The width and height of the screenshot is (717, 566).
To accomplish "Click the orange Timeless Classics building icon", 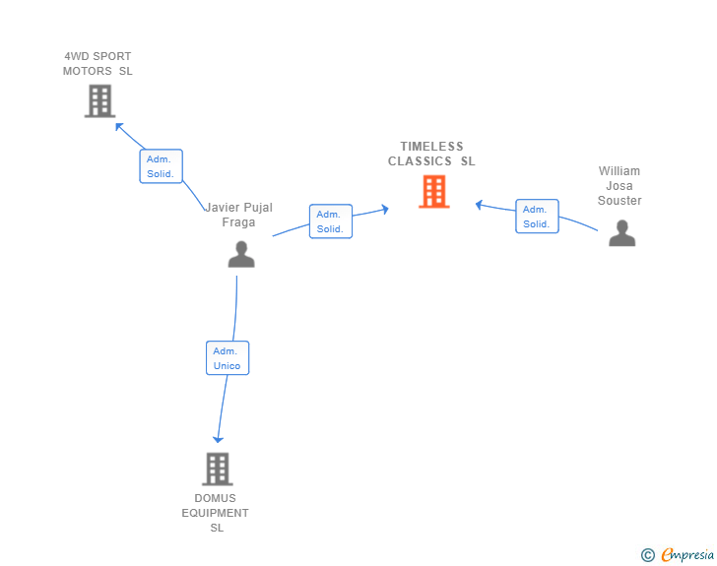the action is coord(434,192).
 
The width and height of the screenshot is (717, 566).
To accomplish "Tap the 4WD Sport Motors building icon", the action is coord(99,101).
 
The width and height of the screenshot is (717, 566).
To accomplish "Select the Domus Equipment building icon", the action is coord(218,470).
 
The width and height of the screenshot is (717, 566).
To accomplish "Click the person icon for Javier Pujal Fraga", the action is coord(241,254).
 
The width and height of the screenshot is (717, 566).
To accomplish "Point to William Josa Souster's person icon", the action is coord(621,233).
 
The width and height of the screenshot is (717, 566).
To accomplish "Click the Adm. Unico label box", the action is coord(228,358).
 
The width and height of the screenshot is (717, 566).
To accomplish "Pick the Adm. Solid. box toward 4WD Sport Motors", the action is coord(161,166).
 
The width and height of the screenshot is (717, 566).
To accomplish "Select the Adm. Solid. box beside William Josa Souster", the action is coord(538,217).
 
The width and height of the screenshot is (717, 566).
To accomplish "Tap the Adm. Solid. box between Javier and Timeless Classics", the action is coord(331,221).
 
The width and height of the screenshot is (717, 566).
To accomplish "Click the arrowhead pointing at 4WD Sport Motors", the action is coord(119,126).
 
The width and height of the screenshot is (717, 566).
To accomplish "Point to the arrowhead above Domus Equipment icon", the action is coord(218,439).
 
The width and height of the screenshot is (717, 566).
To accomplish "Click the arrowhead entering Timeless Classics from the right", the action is coord(480,205).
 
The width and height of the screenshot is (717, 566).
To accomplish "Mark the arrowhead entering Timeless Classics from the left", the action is coord(385,209).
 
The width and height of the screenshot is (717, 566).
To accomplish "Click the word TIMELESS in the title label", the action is coord(431,147).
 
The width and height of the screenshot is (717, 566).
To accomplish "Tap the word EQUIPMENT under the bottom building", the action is coord(215,513).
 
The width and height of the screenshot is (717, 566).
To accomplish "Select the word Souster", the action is coord(619,200).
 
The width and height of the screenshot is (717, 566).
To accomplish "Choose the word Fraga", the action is coord(238,222).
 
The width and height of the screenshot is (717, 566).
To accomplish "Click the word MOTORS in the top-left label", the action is coord(88,71).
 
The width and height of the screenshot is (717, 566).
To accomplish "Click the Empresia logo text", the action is coord(687,554).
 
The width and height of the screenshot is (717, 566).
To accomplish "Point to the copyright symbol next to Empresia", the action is coord(648,555).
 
